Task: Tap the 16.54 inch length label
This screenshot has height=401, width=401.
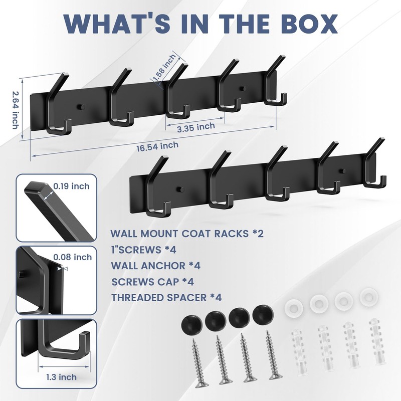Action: pyautogui.click(x=157, y=146)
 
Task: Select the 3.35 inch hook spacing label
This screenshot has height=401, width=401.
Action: pyautogui.click(x=196, y=127)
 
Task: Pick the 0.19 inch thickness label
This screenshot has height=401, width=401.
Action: pyautogui.click(x=71, y=186)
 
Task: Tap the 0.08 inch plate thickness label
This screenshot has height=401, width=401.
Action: pyautogui.click(x=73, y=257)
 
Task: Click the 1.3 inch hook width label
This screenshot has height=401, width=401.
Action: pyautogui.click(x=61, y=377)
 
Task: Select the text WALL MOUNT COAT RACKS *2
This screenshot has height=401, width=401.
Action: pyautogui.click(x=187, y=234)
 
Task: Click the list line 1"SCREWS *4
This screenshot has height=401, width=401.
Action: pyautogui.click(x=144, y=250)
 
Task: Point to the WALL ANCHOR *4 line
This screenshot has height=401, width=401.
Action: pyautogui.click(x=156, y=266)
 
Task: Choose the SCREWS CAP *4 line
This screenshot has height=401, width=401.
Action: pyautogui.click(x=153, y=282)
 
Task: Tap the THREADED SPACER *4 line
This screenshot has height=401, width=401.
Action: pyautogui.click(x=166, y=298)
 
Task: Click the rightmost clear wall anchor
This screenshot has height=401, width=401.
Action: pyautogui.click(x=377, y=341)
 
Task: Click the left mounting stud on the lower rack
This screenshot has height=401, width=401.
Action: pyautogui.click(x=180, y=189)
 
